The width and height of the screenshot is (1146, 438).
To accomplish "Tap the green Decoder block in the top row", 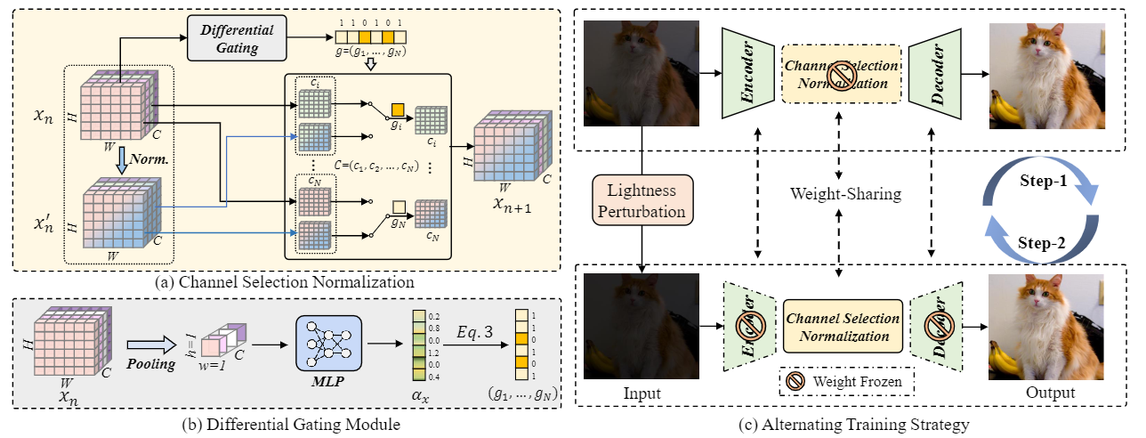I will [937, 71].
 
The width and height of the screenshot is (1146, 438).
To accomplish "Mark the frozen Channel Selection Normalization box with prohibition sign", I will [841, 72].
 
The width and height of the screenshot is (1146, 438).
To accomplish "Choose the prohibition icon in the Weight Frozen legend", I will [795, 381].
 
